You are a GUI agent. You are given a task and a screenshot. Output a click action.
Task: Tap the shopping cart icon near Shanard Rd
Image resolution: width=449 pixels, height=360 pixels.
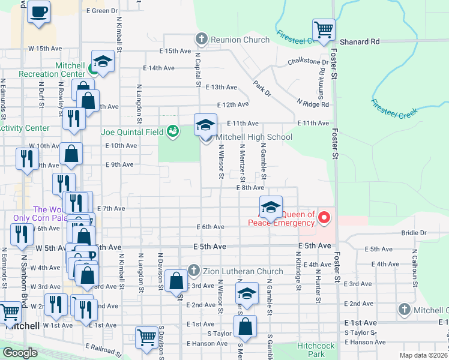click(324, 29)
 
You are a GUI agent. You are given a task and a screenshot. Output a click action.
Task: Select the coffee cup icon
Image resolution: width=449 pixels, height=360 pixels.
click(39, 11)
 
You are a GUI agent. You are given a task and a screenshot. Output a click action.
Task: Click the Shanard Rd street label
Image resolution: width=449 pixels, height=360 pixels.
click(358, 42)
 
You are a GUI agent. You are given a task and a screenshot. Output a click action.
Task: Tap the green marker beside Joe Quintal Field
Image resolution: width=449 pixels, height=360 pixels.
click(173, 131)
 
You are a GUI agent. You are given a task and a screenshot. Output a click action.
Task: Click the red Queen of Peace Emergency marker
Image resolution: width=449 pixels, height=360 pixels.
click(324, 217)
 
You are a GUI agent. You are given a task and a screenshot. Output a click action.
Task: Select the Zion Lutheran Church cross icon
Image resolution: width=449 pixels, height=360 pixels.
click(193, 271)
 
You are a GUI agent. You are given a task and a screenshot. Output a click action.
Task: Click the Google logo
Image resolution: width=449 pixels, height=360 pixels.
click(20, 353)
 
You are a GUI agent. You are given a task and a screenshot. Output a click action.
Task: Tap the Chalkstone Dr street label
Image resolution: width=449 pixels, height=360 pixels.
click(308, 61)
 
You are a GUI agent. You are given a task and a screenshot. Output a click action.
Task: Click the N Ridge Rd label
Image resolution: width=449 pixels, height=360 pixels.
click(313, 104)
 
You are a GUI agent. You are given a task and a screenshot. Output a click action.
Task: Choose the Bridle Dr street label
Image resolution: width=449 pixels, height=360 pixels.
click(414, 232)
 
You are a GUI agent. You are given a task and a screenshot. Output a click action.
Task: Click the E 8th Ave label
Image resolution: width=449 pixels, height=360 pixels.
click(250, 188)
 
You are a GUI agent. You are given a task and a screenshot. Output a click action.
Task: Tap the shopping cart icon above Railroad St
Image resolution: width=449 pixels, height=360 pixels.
click(146, 337)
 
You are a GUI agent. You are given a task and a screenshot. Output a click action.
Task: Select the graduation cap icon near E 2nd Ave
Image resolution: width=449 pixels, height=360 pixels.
click(246, 295)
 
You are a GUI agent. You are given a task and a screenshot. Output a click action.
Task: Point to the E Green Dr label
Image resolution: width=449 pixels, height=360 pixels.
click(102, 11)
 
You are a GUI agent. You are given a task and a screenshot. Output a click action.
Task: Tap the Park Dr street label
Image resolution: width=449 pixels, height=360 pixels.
click(262, 89)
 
